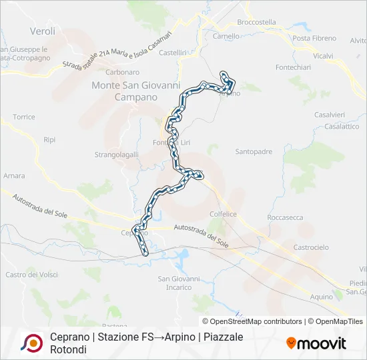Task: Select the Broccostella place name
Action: pos(256,22)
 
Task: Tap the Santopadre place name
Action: pos(254,151)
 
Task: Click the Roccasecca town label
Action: pos(285,217)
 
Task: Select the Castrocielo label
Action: pos(312,247)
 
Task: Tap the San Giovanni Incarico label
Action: pos(179,283)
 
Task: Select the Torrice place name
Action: pos(23,117)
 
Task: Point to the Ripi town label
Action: pos(49,140)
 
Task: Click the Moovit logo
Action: pos(316,343)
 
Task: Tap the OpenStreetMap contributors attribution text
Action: pos(256,321)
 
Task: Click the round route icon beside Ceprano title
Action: pos(29,343)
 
